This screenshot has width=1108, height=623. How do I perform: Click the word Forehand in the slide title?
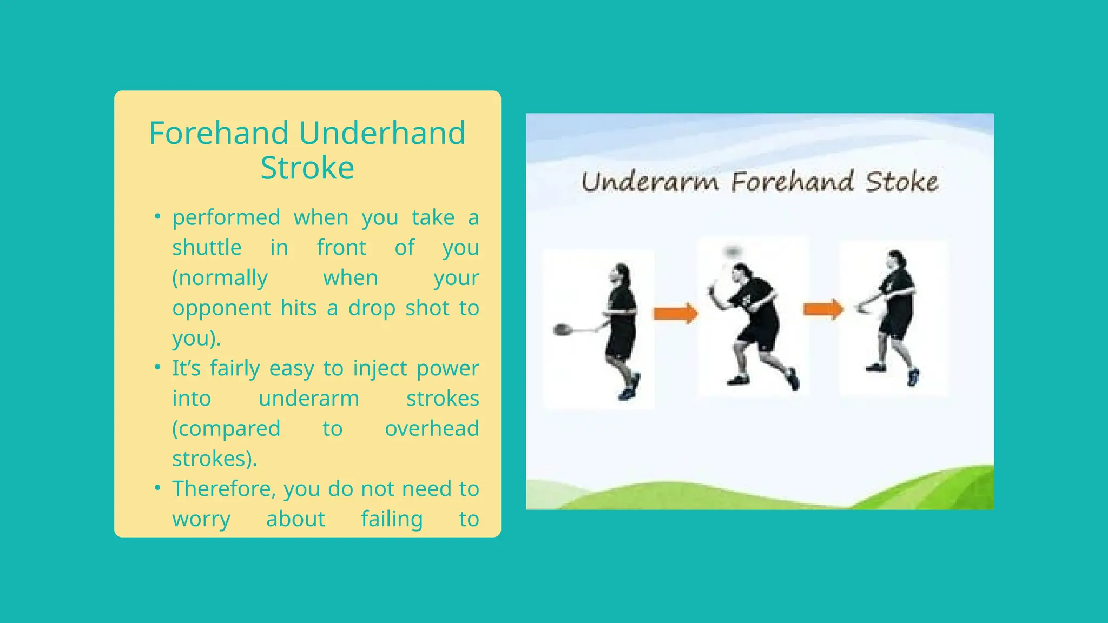(219, 133)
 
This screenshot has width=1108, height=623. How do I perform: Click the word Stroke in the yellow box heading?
(307, 168)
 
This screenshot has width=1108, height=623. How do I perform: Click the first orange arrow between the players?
(675, 313)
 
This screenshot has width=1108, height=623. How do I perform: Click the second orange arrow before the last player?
(823, 309)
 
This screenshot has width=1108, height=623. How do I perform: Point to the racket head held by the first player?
(563, 329)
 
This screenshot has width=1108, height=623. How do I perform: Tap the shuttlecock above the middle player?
(733, 251)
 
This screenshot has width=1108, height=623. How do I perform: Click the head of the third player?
(896, 260)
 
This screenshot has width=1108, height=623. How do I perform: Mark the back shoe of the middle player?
(793, 379)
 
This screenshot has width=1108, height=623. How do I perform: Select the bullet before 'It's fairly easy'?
(157, 368)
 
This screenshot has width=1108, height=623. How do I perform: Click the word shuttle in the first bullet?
(207, 248)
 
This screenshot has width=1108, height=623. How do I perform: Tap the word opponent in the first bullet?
(221, 308)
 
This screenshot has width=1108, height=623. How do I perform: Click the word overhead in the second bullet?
(432, 428)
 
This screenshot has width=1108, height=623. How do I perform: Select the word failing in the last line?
(392, 519)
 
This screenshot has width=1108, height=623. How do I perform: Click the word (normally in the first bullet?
(220, 278)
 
